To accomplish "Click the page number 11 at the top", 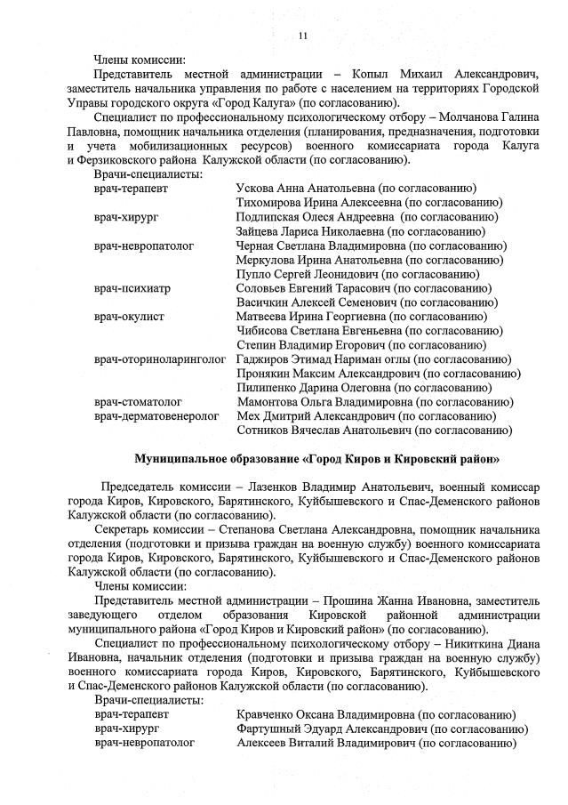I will pos(302,36).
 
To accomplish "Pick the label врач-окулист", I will pos(129,317).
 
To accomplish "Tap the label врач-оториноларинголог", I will pos(159,359).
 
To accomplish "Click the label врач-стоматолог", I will pos(138,402).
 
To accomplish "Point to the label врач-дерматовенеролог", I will pos(156,416).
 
